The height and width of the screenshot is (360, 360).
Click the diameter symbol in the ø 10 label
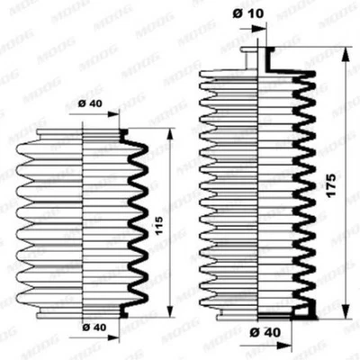(x=235, y=13)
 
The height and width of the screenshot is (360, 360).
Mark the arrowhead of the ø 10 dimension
(x=262, y=28)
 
